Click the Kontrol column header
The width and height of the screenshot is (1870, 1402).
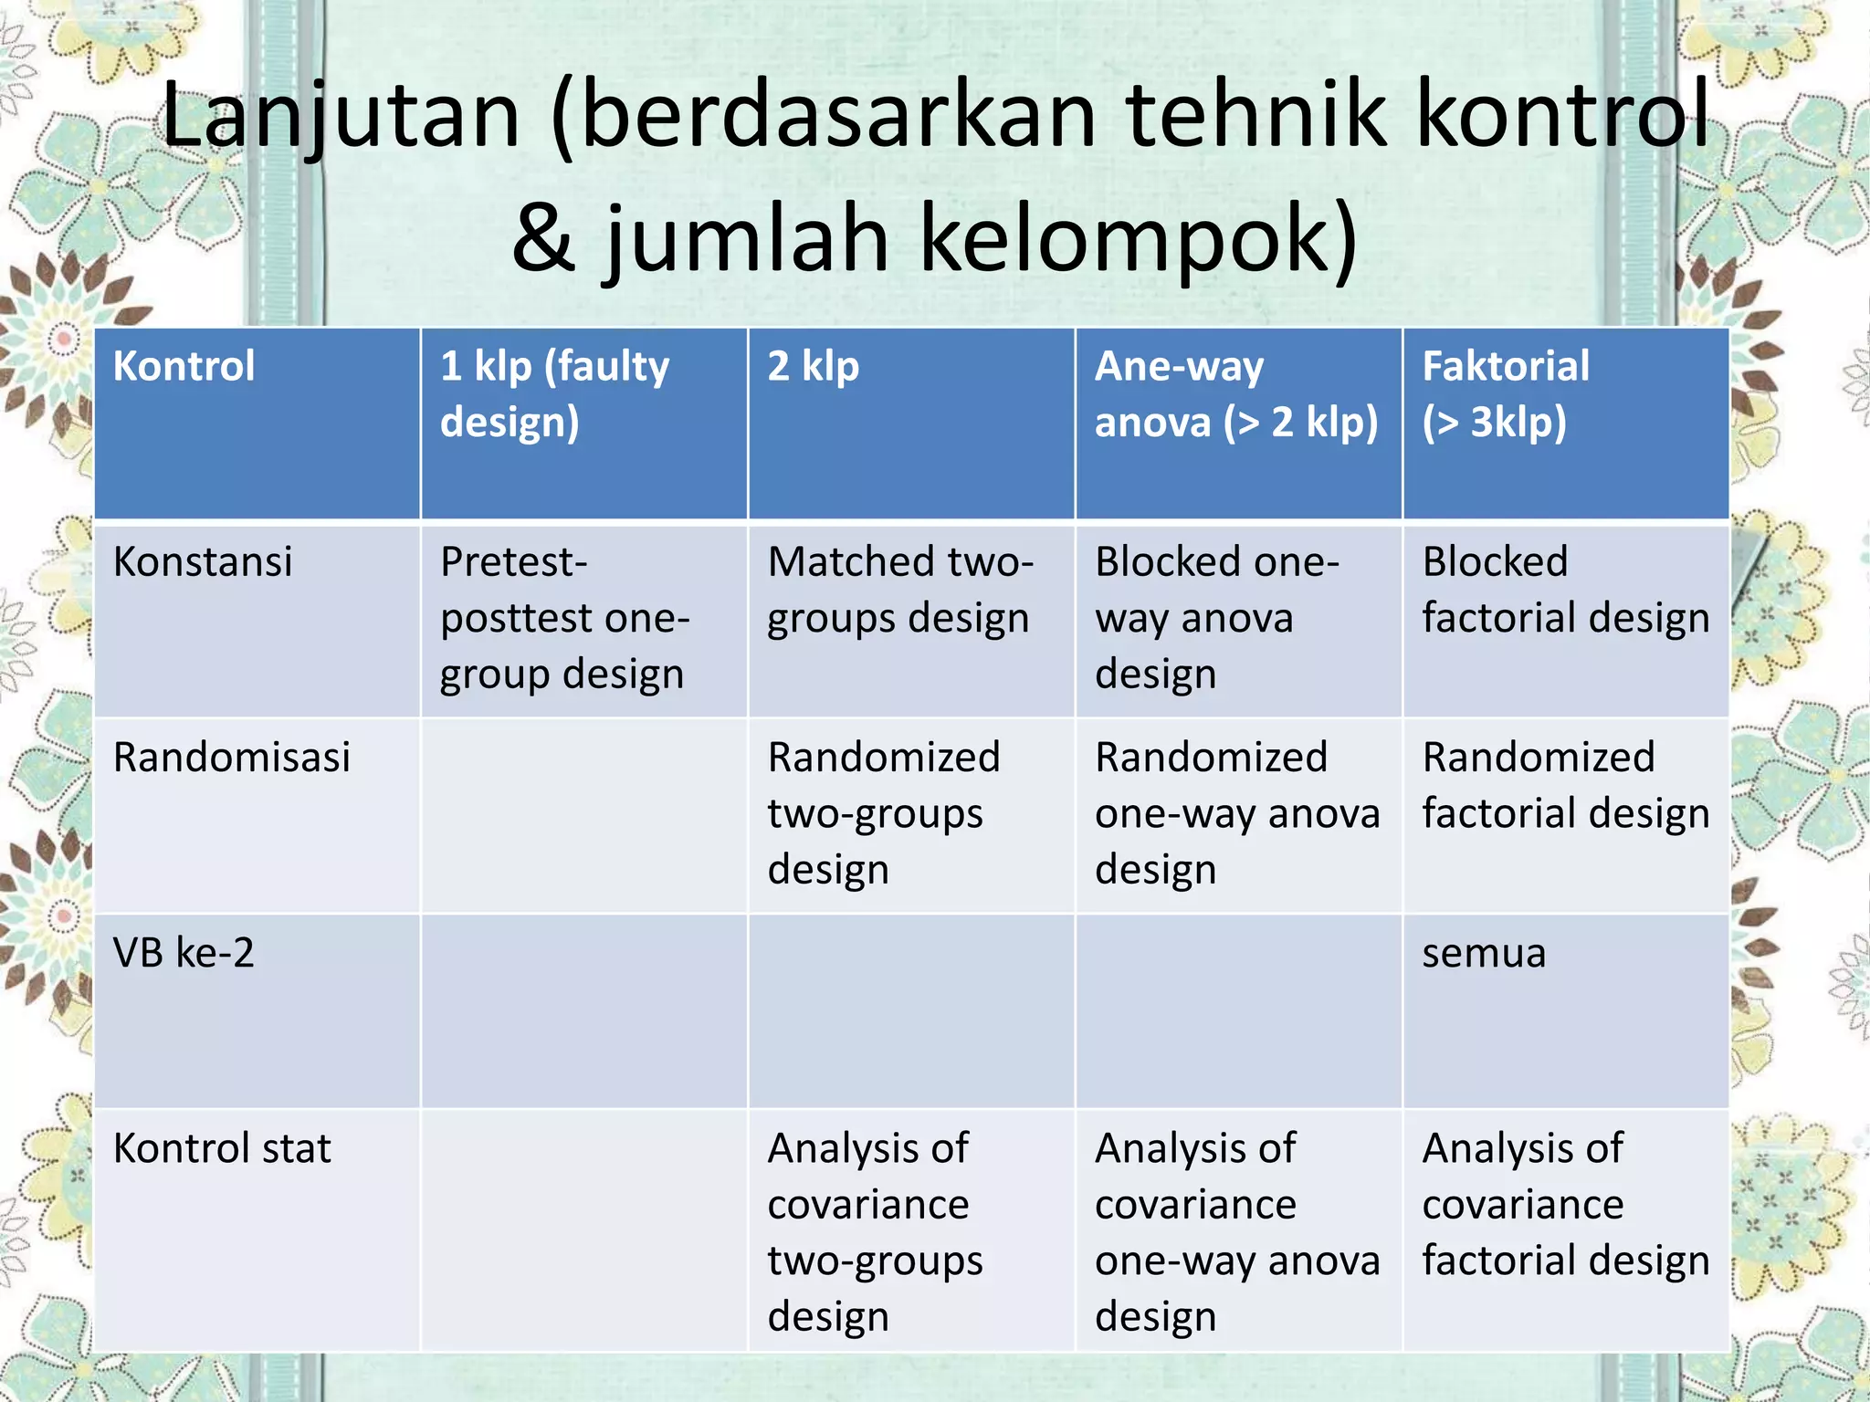[184, 367]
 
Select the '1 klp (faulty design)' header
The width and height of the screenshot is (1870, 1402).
[554, 394]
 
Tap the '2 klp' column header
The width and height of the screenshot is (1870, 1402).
[813, 367]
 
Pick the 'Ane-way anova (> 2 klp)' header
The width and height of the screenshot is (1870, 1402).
[1235, 394]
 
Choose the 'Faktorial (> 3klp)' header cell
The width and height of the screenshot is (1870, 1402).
[1506, 394]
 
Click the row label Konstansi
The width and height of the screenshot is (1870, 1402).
[203, 562]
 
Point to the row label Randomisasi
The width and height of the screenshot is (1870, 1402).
[232, 758]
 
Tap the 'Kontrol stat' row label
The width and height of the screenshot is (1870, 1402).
[222, 1149]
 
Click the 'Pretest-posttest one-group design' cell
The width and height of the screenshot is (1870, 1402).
[563, 618]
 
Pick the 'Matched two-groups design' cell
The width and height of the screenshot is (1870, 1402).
[900, 591]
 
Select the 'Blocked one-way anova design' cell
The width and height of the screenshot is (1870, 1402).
[1216, 618]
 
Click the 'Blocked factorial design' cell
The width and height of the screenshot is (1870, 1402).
[1565, 591]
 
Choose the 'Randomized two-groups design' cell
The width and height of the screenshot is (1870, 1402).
[883, 813]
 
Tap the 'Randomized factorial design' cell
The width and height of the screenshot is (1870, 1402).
[1565, 786]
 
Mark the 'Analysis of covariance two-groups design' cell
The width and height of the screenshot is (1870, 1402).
[875, 1232]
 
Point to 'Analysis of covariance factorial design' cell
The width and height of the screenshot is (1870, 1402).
[1565, 1205]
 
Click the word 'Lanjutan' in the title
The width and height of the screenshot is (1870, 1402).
[341, 116]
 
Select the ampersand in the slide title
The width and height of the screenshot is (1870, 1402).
[545, 239]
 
